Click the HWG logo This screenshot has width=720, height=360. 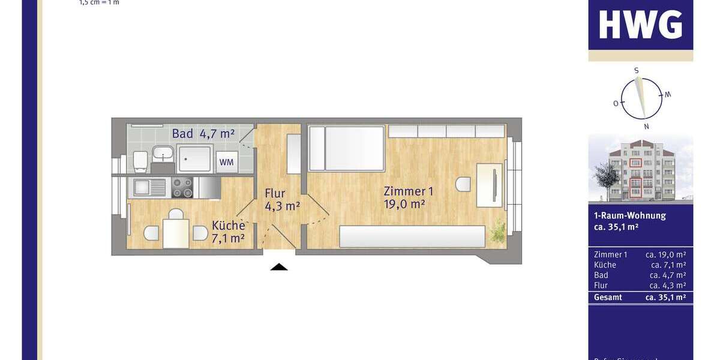(640, 25)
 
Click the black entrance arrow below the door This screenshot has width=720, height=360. (278, 266)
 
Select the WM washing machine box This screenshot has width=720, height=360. (226, 162)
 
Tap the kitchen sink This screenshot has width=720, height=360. (148, 187)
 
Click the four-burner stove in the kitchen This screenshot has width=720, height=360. (182, 187)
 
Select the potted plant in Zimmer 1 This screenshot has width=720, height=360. (497, 231)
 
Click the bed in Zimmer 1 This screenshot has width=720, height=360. (347, 148)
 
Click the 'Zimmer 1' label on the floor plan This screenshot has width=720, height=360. (408, 192)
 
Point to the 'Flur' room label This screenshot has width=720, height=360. (275, 194)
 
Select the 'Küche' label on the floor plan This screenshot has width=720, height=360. (228, 226)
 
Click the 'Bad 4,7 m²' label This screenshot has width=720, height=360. (203, 134)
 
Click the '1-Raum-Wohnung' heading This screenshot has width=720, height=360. (626, 215)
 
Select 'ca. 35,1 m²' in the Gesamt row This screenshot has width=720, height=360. (665, 297)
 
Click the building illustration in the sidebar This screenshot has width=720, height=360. (640, 171)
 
